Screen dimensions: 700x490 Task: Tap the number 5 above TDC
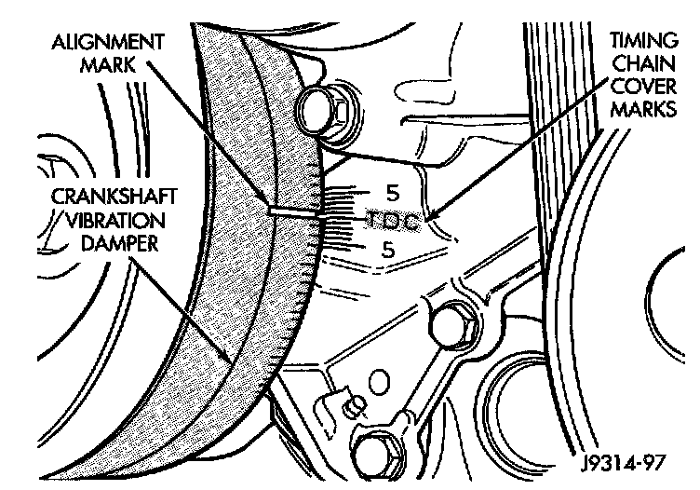391,195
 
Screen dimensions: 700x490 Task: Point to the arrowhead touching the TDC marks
430,220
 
